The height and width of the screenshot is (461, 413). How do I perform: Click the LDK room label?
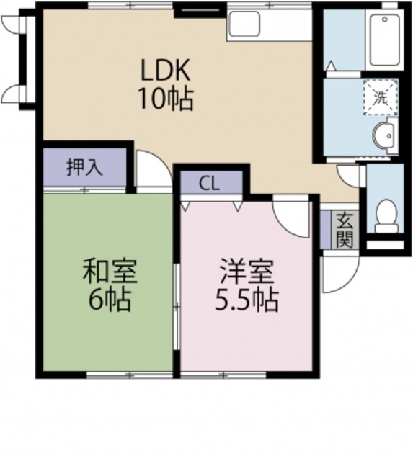coord(165,71)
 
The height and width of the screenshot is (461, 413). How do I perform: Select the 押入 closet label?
coord(84,167)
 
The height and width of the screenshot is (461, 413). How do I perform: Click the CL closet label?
coord(210,183)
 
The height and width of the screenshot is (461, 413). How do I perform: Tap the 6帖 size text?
coord(110,300)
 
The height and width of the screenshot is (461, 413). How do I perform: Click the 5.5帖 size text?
coord(246,300)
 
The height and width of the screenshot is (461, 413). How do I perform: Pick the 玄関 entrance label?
coord(345,229)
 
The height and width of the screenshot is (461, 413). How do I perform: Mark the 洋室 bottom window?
coord(224,375)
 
